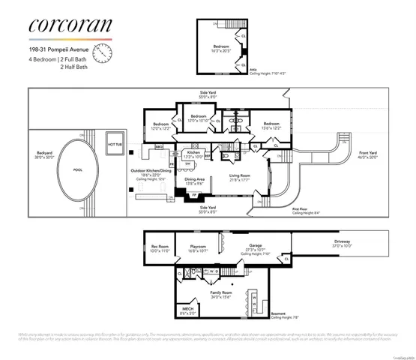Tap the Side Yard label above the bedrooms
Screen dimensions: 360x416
coord(208,93)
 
